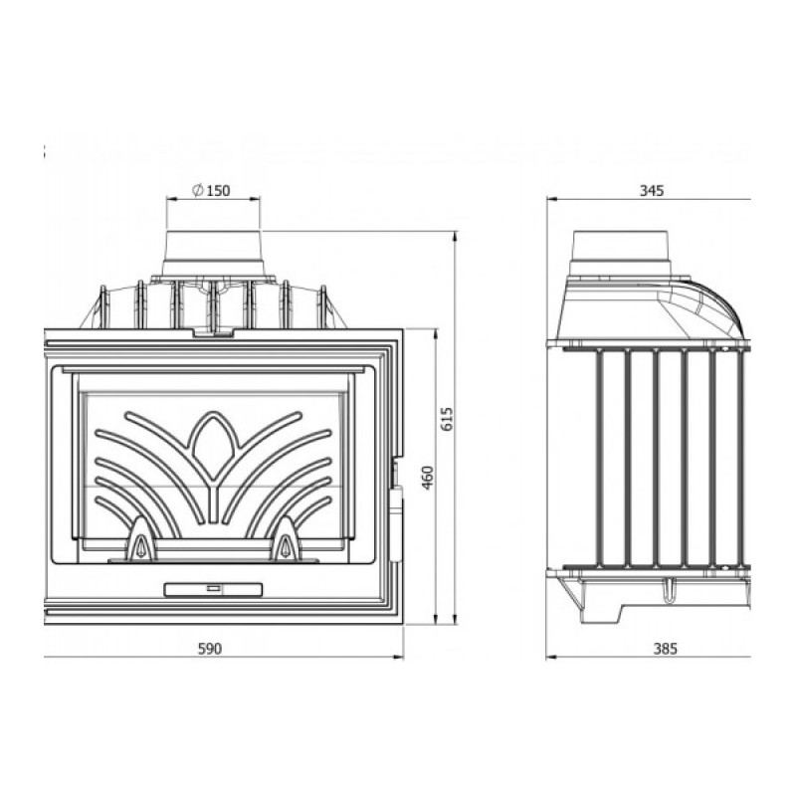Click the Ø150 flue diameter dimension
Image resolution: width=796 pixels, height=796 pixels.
coord(211,190)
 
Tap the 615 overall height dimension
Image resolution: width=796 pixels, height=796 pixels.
coord(447,418)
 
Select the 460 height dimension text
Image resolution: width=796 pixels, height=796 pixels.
coord(428,478)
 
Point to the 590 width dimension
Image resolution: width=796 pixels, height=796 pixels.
coord(210,649)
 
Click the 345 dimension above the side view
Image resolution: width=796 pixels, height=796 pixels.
coord(652,191)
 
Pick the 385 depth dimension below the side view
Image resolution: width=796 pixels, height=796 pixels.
coord(665,649)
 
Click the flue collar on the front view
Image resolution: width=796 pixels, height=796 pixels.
coord(213,254)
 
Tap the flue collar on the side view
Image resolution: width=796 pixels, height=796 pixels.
coord(621,254)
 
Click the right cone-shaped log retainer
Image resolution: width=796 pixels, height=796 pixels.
coord(288,539)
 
